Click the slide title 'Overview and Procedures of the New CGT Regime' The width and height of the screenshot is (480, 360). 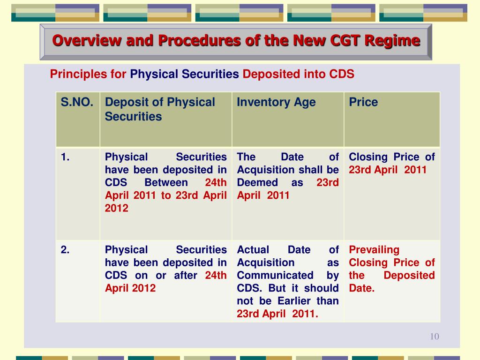click(x=236, y=41)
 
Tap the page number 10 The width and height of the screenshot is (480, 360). click(x=434, y=337)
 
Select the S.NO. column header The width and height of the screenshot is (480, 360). click(x=77, y=102)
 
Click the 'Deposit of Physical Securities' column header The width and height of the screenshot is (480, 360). click(x=159, y=109)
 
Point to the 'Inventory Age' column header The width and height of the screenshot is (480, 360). click(x=276, y=102)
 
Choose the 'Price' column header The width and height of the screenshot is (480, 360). click(x=363, y=102)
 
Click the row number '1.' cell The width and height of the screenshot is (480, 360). click(x=65, y=157)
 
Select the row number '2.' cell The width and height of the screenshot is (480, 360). click(x=65, y=250)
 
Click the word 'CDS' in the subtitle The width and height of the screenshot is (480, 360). click(x=342, y=74)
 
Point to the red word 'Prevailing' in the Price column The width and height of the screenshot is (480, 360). click(x=374, y=250)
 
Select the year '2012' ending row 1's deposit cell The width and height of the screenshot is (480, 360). click(x=117, y=208)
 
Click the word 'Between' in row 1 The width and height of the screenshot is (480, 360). click(x=166, y=182)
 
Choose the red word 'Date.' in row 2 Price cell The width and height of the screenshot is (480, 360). click(x=362, y=288)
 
